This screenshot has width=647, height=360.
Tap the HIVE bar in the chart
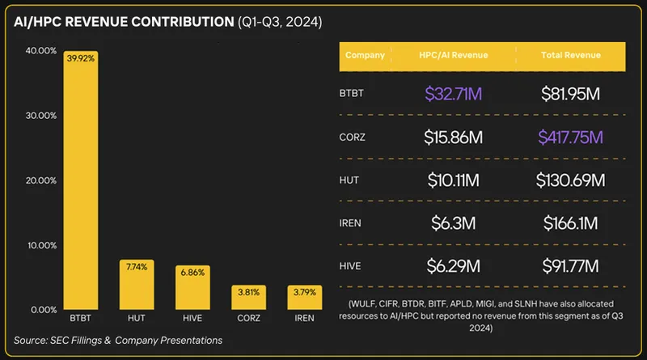192,288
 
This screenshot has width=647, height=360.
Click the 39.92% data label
81,57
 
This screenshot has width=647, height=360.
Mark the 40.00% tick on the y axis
40,50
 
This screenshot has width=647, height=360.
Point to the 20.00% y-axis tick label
40,180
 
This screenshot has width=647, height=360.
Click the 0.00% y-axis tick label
43,310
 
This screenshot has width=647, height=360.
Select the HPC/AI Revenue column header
453,55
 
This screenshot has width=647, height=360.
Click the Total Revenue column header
570,55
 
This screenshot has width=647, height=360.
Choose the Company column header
365,55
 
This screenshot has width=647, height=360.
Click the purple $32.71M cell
453,94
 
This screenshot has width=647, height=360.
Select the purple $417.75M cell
570,137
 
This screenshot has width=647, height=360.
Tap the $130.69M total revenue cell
570,180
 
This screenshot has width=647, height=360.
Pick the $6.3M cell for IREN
453,222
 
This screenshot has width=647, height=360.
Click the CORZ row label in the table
353,137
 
